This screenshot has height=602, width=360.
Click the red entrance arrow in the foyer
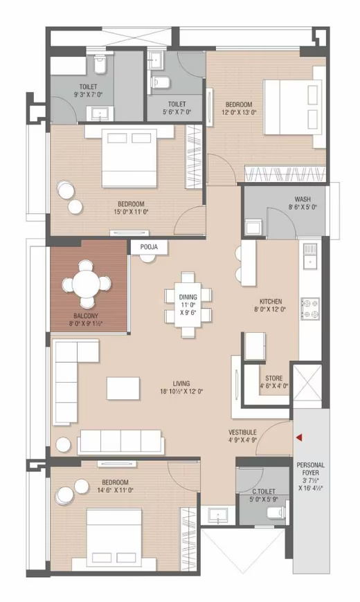tap(299, 437)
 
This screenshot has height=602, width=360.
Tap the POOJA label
tap(149, 247)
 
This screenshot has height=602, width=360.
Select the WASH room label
tap(303, 199)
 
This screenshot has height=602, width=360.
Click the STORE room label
tap(274, 378)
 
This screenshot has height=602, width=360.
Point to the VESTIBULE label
tap(242, 432)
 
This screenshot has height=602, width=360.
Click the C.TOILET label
tap(264, 491)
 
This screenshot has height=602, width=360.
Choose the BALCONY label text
tap(86, 316)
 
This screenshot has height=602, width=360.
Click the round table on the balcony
tap(87, 284)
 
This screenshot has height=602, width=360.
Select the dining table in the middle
tap(188, 304)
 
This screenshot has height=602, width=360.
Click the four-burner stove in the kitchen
tap(310, 309)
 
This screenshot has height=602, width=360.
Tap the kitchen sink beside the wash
tap(310, 256)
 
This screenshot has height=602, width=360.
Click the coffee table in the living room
tap(123, 389)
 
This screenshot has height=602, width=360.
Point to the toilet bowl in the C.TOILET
tap(276, 512)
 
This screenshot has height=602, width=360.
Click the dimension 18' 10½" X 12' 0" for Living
tap(181, 392)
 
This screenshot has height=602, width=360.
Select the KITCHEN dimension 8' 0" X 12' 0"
tap(271, 309)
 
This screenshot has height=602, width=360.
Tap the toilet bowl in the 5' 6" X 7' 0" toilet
tap(159, 82)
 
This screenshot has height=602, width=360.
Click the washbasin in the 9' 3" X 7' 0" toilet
tap(102, 113)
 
